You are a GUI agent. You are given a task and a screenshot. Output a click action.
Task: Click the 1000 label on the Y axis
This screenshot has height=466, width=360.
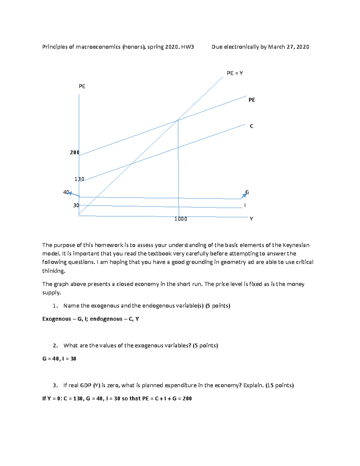181,219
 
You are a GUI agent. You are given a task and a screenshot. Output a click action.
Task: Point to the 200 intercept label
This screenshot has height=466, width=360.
74,152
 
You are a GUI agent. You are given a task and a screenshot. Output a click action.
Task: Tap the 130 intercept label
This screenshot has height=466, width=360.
79,179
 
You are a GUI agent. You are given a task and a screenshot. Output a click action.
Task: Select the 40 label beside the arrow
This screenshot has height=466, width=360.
66,192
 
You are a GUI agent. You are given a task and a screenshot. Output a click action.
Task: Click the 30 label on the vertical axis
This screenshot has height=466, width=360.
76,205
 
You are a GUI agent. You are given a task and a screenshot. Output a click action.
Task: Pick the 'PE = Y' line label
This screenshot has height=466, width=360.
235,73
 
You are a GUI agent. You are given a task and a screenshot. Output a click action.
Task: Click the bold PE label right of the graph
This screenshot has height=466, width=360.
252,100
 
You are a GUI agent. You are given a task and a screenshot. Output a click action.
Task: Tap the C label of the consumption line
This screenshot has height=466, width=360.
252,126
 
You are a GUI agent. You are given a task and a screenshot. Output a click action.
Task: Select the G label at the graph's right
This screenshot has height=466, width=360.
247,192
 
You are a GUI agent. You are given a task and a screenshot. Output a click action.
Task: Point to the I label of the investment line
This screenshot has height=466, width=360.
245,205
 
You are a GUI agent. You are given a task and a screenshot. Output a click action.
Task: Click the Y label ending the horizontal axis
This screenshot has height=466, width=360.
251,219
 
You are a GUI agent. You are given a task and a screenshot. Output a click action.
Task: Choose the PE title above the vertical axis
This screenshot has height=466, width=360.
82,86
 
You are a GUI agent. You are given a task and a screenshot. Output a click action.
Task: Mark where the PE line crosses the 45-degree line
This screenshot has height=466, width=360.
178,120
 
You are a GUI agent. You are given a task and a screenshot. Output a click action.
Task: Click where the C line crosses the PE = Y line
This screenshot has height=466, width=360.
131,164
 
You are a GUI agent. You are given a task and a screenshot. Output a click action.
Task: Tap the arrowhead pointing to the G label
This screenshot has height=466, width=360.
245,195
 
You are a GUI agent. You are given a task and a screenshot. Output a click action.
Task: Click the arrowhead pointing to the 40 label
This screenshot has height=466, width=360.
70,193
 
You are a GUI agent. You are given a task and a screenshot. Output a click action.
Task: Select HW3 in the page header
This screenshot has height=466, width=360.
187,47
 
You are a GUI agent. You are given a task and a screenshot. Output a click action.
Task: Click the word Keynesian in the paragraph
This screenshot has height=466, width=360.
296,245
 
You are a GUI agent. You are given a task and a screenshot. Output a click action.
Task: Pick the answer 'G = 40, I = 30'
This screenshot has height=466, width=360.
59,359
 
